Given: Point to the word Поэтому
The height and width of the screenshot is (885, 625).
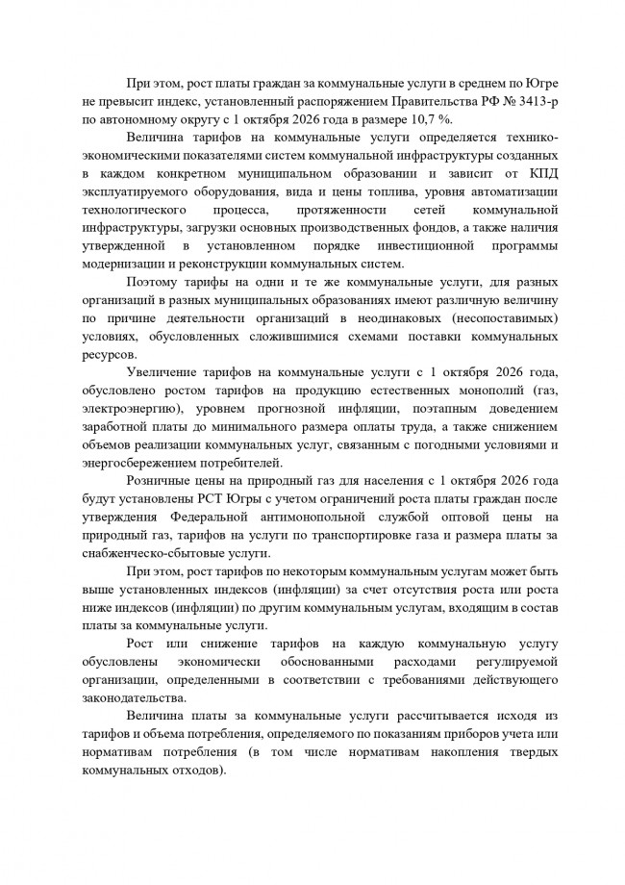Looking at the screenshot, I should click(x=151, y=285).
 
